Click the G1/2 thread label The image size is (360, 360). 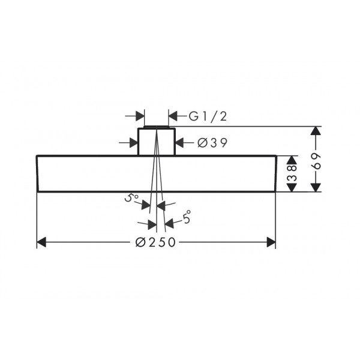pos(208,116)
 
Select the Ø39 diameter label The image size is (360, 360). pos(212,143)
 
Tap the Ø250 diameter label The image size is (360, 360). pos(155,242)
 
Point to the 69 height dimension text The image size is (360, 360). pos(317,161)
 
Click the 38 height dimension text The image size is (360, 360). pos(292,170)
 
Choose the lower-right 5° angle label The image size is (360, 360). pos(187,217)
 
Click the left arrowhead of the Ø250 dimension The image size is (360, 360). pos(41,242)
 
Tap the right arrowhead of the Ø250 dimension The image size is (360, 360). pos(271,242)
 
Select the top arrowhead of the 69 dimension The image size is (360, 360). pos(316,131)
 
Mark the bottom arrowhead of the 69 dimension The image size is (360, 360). pos(316,187)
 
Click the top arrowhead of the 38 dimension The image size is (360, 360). pos(292,160)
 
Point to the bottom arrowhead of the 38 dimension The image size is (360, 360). pos(292,187)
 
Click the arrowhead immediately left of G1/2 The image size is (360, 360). pos(173,116)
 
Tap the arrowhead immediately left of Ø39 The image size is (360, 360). pos(180,143)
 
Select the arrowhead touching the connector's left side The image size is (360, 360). pos(134,143)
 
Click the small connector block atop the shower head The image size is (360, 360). pos(157,141)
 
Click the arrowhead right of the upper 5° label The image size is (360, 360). pos(146,205)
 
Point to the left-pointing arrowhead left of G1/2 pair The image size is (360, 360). pos(173,116)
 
